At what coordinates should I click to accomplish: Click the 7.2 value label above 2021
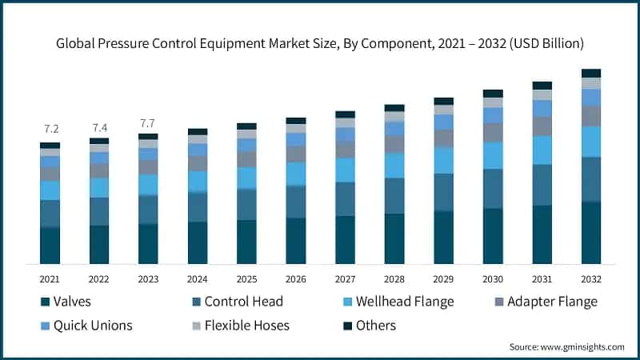[50, 129]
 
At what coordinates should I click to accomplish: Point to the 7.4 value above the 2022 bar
[99, 127]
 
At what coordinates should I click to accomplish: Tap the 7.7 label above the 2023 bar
[148, 123]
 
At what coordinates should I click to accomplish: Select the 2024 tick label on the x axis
[198, 278]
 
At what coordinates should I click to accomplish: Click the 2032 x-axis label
[591, 278]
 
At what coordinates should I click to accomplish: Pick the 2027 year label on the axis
[345, 278]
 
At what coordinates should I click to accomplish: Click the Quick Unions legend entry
[88, 325]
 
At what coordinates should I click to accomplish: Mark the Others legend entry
[374, 325]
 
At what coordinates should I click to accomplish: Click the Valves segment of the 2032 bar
[591, 232]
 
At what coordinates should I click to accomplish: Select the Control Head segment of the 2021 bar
[50, 214]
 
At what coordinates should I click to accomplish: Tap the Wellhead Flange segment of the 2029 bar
[443, 160]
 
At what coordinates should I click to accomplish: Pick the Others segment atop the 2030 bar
[493, 94]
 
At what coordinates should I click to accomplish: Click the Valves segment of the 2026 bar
[296, 240]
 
